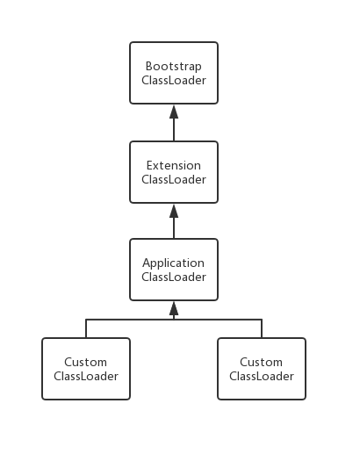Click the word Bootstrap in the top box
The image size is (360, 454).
174,67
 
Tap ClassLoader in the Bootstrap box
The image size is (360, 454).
174,80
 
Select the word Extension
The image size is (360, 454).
174,165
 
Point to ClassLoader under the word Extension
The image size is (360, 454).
174,179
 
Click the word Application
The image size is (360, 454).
174,263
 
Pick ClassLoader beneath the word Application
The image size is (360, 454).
174,277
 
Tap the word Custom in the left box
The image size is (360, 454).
85,362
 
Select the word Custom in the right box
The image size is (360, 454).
261,362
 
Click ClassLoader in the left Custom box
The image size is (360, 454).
86,376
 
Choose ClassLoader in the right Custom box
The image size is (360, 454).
262,376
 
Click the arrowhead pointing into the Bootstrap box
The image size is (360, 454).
174,112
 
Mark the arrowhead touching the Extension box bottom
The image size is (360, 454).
174,211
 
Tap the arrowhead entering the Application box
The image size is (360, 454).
174,308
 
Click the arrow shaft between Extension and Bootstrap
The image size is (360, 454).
174,130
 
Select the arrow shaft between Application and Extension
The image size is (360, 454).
174,228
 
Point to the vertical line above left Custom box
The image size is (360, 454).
86,328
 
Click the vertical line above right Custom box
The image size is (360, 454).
262,328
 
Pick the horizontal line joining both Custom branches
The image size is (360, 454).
174,320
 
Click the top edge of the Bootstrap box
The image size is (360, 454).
174,42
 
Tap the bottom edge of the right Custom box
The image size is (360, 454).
262,399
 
